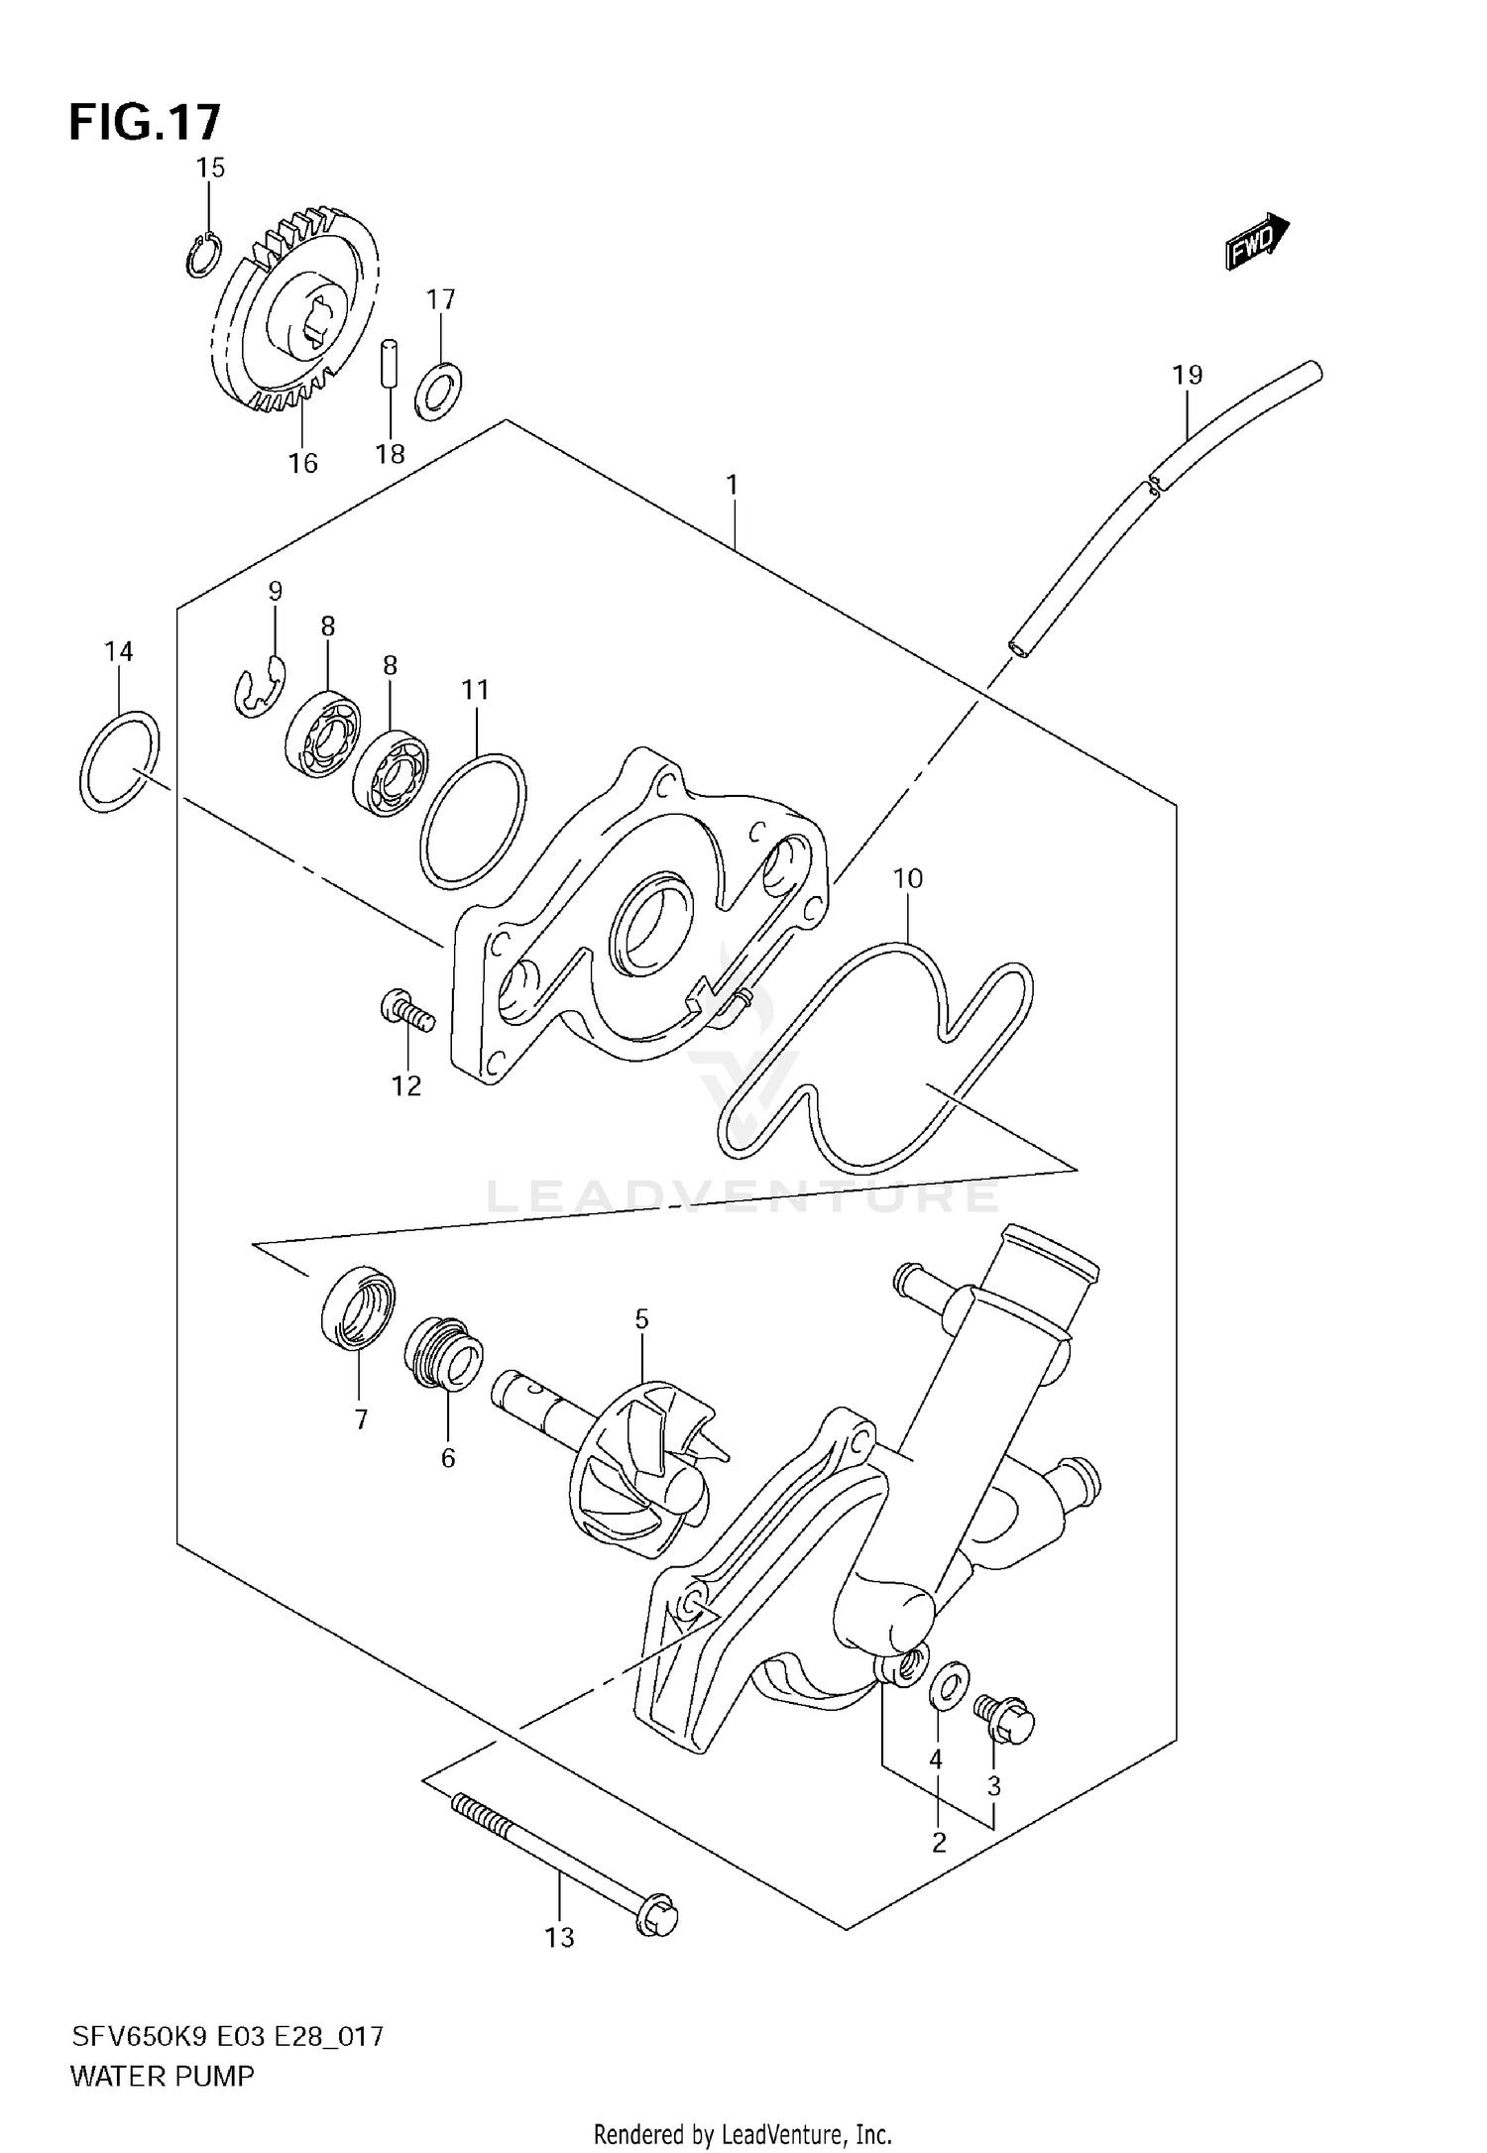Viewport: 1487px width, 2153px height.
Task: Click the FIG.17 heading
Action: (145, 123)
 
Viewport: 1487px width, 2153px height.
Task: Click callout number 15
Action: (210, 168)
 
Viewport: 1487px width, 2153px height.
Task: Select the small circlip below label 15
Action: (202, 255)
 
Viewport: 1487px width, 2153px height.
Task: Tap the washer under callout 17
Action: (440, 391)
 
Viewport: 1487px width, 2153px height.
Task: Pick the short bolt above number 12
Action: (407, 1012)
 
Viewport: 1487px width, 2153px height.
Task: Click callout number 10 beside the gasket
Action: (907, 878)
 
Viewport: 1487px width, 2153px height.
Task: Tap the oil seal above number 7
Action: (358, 1307)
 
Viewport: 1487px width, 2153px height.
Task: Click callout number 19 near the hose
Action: (1187, 375)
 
